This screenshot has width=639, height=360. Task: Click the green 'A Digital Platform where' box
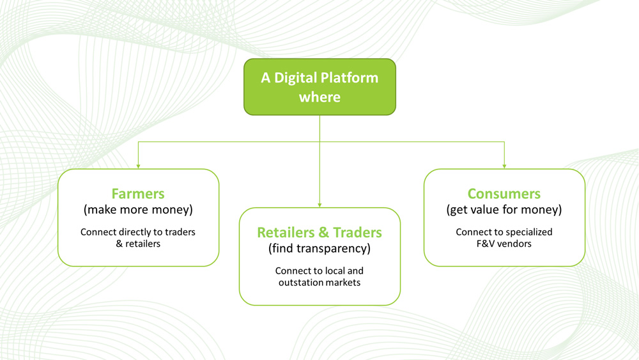tap(319, 87)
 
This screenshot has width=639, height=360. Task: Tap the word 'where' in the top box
tap(319, 97)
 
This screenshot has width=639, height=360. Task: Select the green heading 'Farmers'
tap(138, 194)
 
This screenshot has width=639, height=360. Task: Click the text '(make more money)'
tap(138, 210)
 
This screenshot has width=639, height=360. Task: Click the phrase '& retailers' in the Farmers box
tap(138, 244)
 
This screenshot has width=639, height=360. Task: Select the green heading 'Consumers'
tap(504, 194)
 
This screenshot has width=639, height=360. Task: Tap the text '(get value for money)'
tap(504, 210)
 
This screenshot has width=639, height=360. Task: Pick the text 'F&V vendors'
tap(504, 244)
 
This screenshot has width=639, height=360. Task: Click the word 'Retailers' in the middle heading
tap(286, 232)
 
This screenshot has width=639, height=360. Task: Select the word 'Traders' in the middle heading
tap(357, 232)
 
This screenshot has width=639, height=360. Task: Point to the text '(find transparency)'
tap(319, 248)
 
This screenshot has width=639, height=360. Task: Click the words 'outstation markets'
tap(319, 282)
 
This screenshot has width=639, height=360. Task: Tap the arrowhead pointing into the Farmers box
tap(138, 166)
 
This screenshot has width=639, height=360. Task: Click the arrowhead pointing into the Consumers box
tap(505, 166)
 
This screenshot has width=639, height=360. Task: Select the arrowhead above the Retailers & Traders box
tap(319, 205)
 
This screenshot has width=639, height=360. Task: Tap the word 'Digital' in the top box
tap(295, 78)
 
